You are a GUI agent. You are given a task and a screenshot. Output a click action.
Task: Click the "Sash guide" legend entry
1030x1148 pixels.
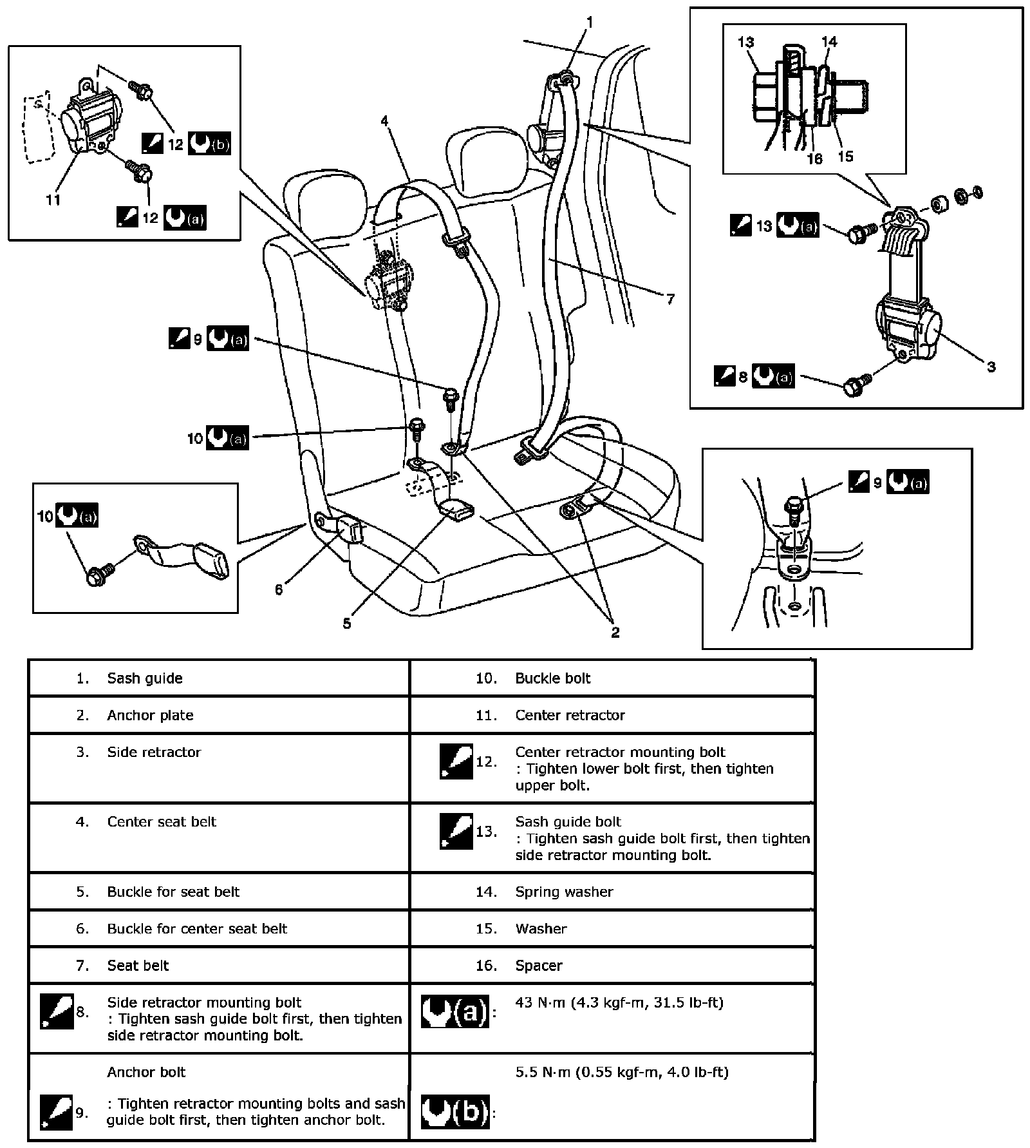pyautogui.click(x=145, y=678)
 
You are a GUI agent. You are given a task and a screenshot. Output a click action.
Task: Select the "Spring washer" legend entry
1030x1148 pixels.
pyautogui.click(x=564, y=892)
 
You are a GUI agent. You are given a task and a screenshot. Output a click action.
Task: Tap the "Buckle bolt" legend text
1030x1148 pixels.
pyautogui.click(x=552, y=678)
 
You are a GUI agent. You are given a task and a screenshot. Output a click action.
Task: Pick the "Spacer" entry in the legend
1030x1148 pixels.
pyautogui.click(x=539, y=965)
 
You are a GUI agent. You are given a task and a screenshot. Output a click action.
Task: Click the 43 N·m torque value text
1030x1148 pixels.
pyautogui.click(x=619, y=1002)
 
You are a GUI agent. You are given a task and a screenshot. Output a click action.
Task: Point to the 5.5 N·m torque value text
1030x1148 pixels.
pyautogui.click(x=621, y=1072)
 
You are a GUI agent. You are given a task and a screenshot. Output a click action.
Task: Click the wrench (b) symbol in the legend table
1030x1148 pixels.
pyautogui.click(x=454, y=1111)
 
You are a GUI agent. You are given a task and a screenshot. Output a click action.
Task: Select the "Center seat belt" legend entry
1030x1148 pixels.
pyautogui.click(x=162, y=821)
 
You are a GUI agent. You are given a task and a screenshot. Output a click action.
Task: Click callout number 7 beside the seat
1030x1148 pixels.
pyautogui.click(x=670, y=299)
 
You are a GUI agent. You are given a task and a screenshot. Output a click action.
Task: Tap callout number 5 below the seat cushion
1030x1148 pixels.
pyautogui.click(x=347, y=623)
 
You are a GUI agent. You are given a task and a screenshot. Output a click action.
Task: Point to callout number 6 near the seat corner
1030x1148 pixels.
pyautogui.click(x=279, y=589)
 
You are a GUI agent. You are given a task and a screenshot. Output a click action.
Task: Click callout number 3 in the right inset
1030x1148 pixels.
pyautogui.click(x=991, y=367)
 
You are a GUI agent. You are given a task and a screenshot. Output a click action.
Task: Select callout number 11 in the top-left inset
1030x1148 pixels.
pyautogui.click(x=53, y=200)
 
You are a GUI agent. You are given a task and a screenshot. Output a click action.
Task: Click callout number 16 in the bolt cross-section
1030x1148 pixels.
pyautogui.click(x=814, y=158)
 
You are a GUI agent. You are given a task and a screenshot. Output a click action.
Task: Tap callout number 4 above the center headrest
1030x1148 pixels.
pyautogui.click(x=384, y=120)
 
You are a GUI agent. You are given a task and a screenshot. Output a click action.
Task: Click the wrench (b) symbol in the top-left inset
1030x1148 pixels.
pyautogui.click(x=209, y=144)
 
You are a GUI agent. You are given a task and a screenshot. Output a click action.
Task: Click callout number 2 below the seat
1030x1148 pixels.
pyautogui.click(x=615, y=632)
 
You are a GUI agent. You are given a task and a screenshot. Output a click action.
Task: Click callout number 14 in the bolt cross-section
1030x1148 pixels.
pyautogui.click(x=829, y=42)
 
